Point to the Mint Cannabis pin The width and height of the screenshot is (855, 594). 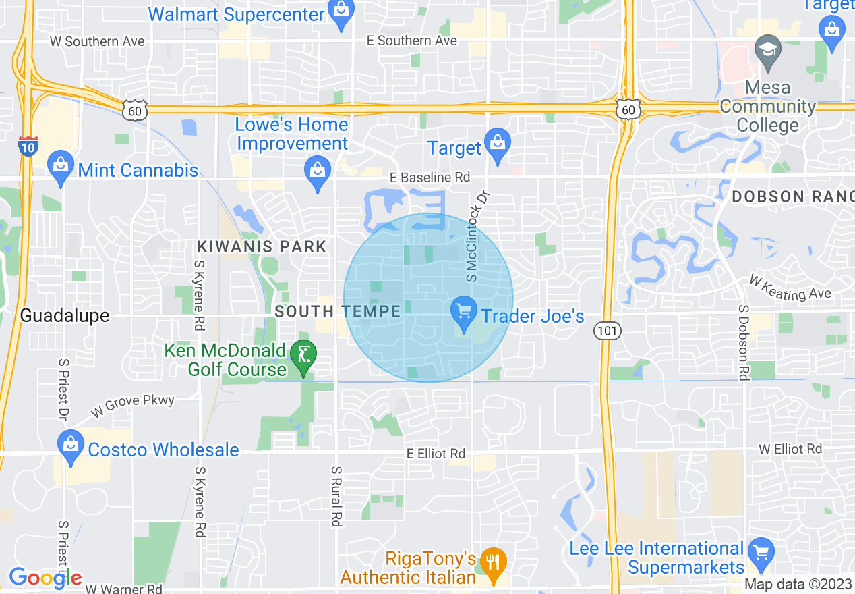click(x=61, y=167)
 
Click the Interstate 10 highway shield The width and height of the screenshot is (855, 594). click(x=28, y=146)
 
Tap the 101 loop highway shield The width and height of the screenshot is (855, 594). click(x=607, y=330)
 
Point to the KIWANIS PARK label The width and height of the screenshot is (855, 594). click(x=262, y=246)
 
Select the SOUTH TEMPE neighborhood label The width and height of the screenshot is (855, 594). click(x=338, y=311)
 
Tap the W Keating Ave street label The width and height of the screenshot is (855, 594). click(x=790, y=288)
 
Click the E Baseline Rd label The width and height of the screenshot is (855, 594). click(x=430, y=178)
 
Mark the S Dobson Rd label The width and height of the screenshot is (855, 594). click(x=744, y=343)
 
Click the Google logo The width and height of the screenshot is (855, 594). click(x=45, y=578)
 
